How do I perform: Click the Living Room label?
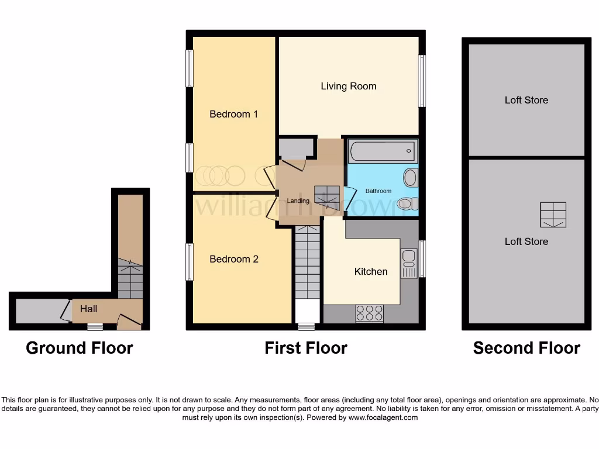tap(348, 87)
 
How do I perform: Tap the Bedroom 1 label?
tap(233, 114)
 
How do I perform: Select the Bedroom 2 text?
tap(234, 259)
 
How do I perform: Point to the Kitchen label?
tap(371, 271)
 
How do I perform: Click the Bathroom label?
tap(378, 191)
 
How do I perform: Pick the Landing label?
tap(298, 201)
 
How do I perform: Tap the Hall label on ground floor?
tap(89, 309)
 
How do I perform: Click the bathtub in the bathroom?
tap(383, 151)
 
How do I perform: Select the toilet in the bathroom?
tap(407, 203)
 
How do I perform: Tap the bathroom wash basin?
tap(411, 177)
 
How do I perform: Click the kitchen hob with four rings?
tap(369, 313)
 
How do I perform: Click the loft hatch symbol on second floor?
tap(553, 215)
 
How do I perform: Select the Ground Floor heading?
tap(80, 348)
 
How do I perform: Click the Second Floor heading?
tap(526, 348)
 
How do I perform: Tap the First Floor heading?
tap(306, 348)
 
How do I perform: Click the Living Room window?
tap(422, 81)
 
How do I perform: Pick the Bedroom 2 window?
tap(190, 261)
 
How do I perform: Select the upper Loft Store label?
tap(526, 100)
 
